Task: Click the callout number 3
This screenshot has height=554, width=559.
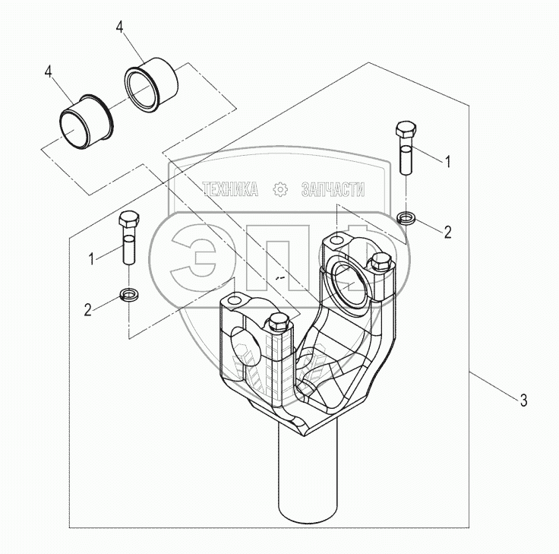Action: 523,400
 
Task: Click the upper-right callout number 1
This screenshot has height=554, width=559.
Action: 448,162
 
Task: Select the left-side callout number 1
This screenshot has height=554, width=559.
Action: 92,259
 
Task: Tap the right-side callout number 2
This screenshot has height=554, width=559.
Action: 448,233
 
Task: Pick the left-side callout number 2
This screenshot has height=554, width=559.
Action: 87,309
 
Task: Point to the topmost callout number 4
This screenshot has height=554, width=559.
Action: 120,27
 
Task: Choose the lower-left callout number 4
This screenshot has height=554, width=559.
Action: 48,71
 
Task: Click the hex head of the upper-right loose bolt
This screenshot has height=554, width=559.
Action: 406,128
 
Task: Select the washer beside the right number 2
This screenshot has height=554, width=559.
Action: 406,217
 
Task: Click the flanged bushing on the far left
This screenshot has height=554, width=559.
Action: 86,122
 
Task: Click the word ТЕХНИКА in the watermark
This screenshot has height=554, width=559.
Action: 230,189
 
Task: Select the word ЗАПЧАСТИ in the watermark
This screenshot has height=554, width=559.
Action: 333,189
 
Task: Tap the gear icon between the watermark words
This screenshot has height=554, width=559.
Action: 280,189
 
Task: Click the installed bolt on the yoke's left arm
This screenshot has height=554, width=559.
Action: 279,321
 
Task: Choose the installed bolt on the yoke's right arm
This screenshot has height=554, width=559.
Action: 381,261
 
